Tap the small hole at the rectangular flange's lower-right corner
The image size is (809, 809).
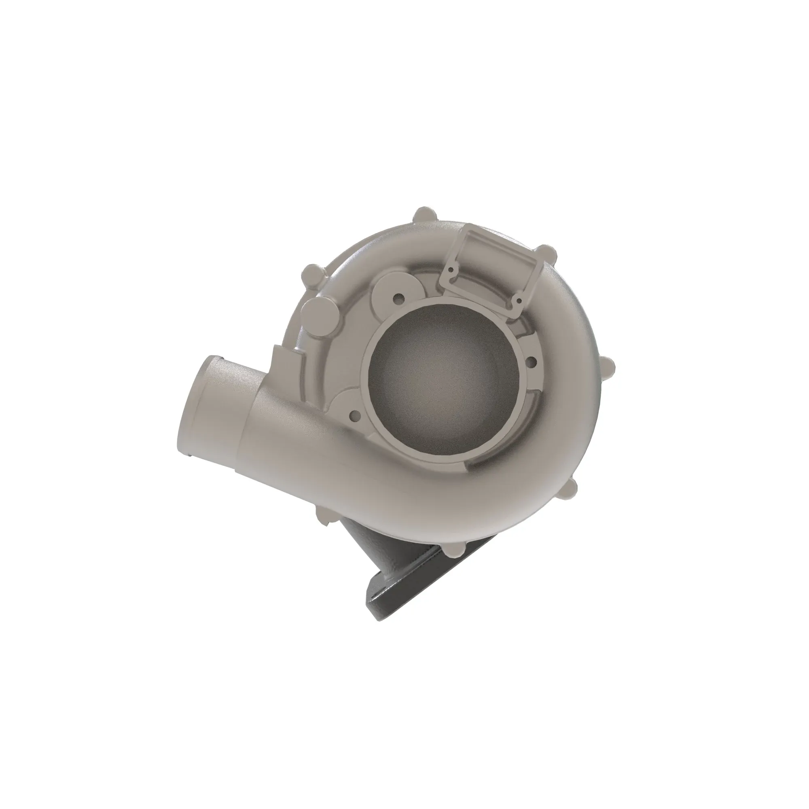519,300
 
